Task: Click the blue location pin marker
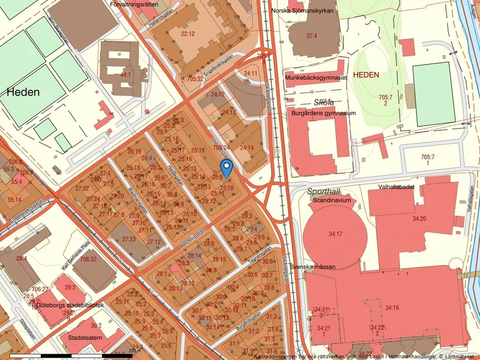point(229,167)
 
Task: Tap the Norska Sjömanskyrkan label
point(311,26)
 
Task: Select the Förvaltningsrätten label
point(137,3)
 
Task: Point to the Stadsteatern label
point(85,337)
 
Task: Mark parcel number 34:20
point(419,219)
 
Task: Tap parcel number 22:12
point(187,34)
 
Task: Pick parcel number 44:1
point(125,75)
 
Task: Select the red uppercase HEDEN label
point(366,75)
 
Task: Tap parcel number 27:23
point(129,239)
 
